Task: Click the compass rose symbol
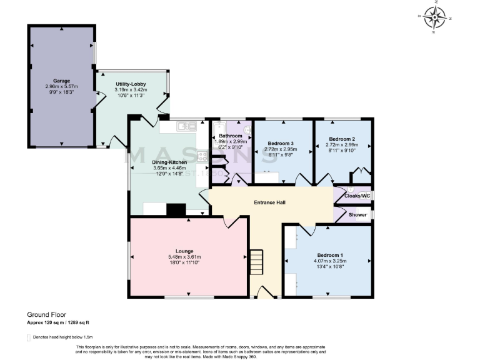[x=435, y=17]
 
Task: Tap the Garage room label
[x=61, y=81]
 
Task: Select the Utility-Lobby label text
[x=131, y=84]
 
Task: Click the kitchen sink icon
[x=186, y=127]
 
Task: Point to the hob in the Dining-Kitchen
[x=202, y=157]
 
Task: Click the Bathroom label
[x=230, y=136]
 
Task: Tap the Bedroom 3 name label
[x=279, y=143]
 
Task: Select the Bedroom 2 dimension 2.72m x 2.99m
[x=342, y=144]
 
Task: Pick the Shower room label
[x=357, y=215]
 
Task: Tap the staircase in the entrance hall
[x=257, y=262]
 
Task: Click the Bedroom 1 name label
[x=329, y=255]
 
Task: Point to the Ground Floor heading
[x=46, y=314]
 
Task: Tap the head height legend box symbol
[x=28, y=337]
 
